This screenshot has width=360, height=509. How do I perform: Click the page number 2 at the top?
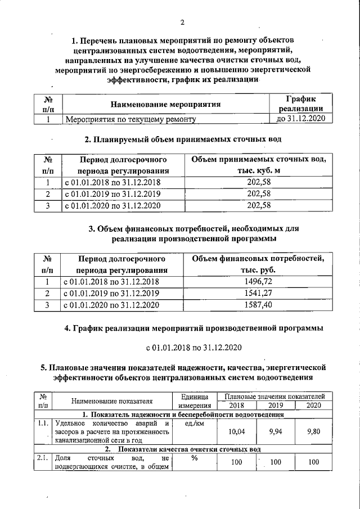(182, 22)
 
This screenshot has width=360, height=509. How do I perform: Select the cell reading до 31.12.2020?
(297, 119)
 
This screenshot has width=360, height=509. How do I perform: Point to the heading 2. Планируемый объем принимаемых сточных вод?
(182, 139)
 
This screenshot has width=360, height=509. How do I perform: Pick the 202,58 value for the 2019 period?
(259, 193)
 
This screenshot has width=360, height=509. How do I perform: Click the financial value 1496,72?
(259, 281)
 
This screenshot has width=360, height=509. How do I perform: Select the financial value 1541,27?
(259, 293)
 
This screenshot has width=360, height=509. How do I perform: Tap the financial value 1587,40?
(259, 305)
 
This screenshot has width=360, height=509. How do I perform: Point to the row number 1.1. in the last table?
(43, 424)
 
